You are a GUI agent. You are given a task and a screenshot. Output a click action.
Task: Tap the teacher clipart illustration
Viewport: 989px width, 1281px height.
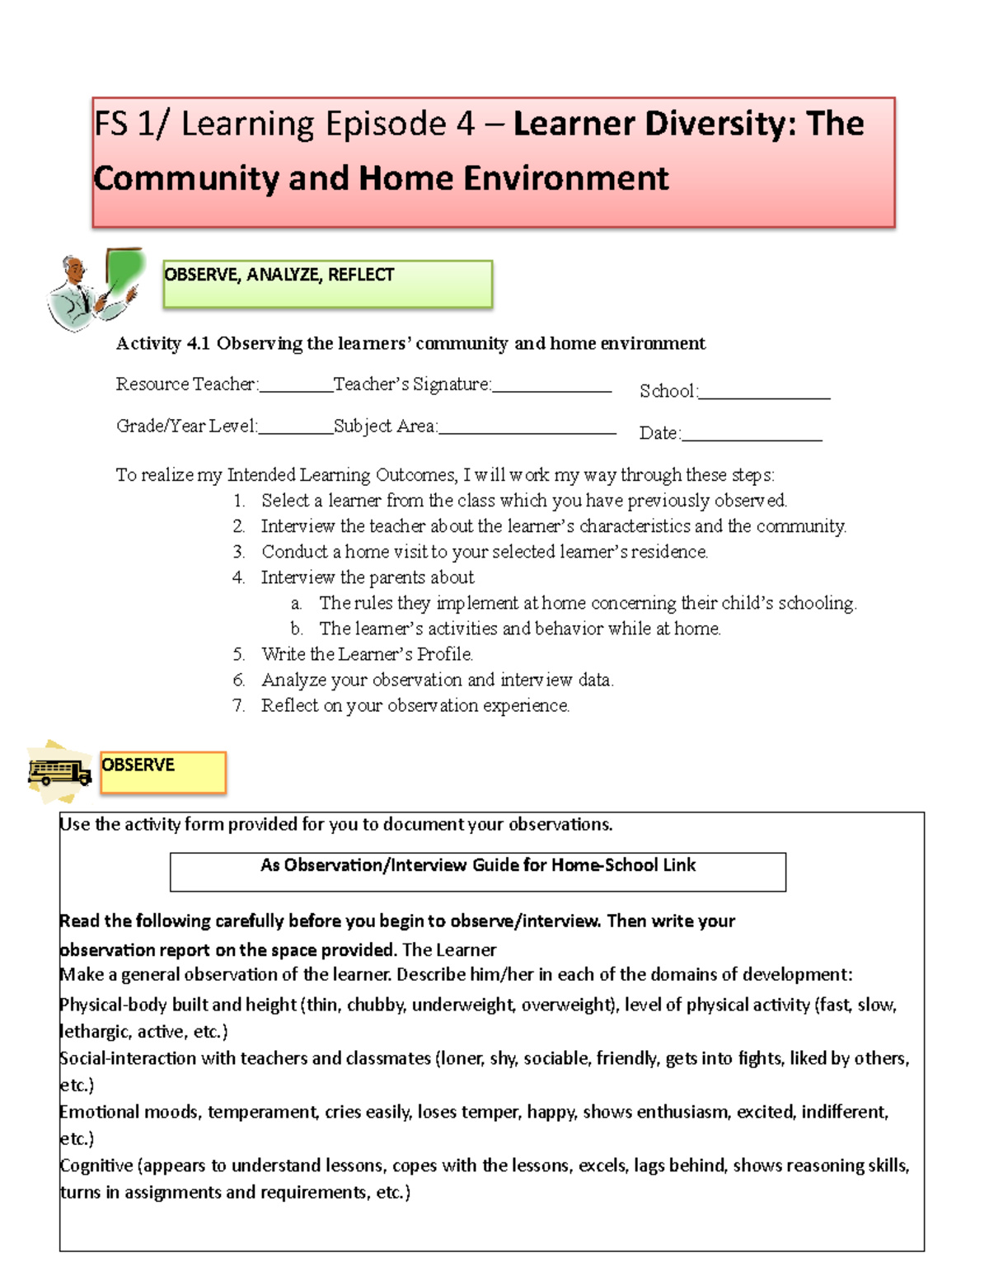(94, 288)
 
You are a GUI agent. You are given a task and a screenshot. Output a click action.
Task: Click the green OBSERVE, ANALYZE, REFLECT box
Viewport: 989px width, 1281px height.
(327, 284)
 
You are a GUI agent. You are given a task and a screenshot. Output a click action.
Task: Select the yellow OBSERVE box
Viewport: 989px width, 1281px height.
(162, 772)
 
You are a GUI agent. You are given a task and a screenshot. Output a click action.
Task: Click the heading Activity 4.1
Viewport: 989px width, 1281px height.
(410, 343)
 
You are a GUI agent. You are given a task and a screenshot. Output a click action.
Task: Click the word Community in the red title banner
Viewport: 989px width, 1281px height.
(186, 178)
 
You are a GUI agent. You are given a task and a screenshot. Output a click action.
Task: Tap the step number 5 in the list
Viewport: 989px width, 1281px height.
(238, 654)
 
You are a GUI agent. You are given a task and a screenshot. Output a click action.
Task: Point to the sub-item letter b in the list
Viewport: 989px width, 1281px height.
(296, 629)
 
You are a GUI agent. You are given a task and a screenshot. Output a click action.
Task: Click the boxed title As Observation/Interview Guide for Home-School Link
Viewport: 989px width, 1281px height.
(477, 865)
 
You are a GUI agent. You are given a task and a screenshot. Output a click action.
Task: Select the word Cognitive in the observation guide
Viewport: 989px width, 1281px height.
(96, 1166)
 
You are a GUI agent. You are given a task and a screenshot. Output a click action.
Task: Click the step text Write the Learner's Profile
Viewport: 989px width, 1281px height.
(367, 654)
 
